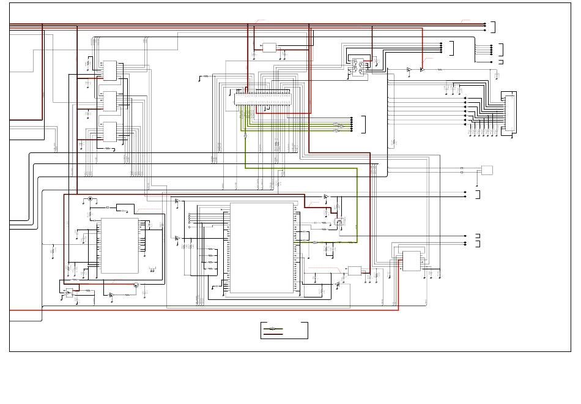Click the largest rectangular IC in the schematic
tap(262, 249)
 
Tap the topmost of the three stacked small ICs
tap(110, 70)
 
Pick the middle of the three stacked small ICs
tap(110, 101)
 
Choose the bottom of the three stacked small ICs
tap(110, 132)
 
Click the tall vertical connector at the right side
tap(509, 113)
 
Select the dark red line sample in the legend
tap(273, 334)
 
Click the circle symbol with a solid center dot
tap(91, 199)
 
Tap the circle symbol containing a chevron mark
tap(136, 285)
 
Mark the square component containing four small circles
tap(358, 66)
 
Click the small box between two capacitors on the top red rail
tap(270, 48)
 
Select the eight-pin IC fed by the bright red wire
tap(412, 261)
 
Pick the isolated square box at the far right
tap(487, 170)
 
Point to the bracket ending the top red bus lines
tap(493, 26)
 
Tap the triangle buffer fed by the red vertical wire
tap(421, 70)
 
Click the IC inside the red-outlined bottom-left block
tap(119, 245)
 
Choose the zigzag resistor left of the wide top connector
tap(206, 77)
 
